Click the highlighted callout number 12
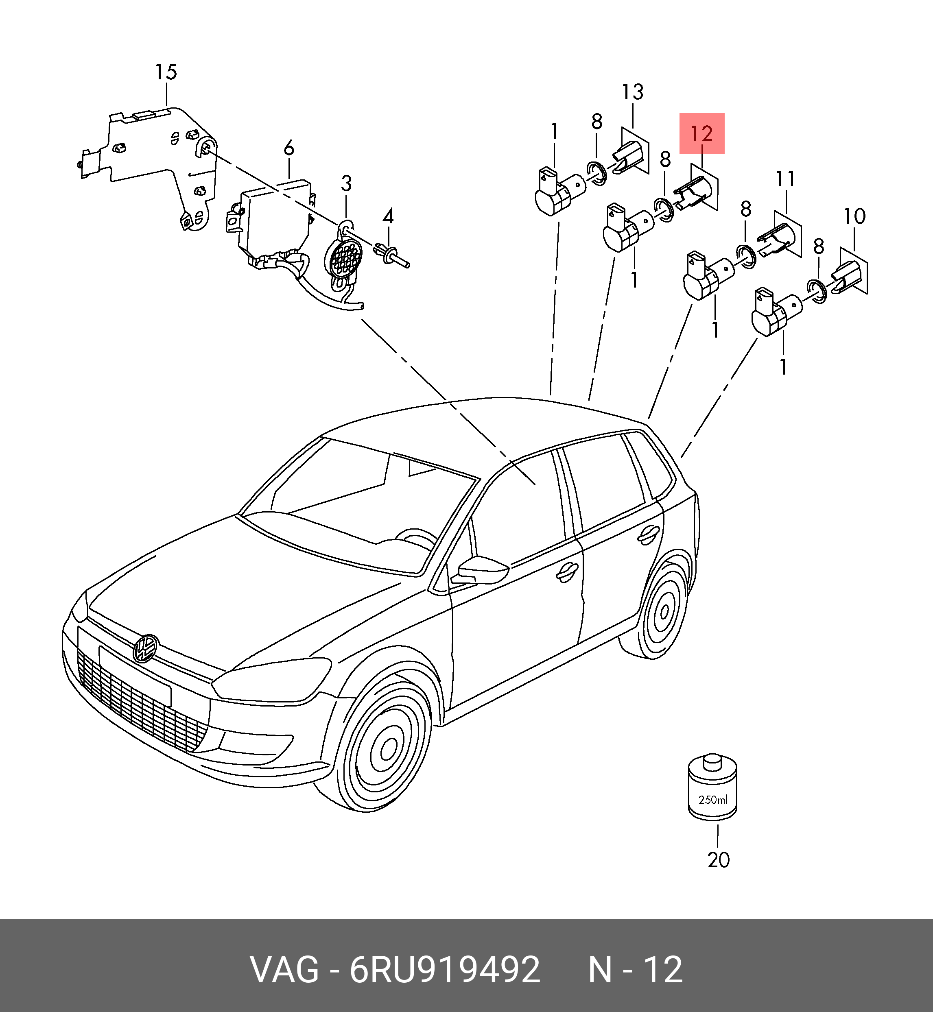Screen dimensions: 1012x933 tap(702, 133)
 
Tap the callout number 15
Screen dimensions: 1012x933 tap(166, 72)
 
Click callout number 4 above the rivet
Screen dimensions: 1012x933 tap(388, 217)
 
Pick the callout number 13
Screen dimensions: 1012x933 tap(633, 92)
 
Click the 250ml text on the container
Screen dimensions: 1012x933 tap(713, 800)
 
